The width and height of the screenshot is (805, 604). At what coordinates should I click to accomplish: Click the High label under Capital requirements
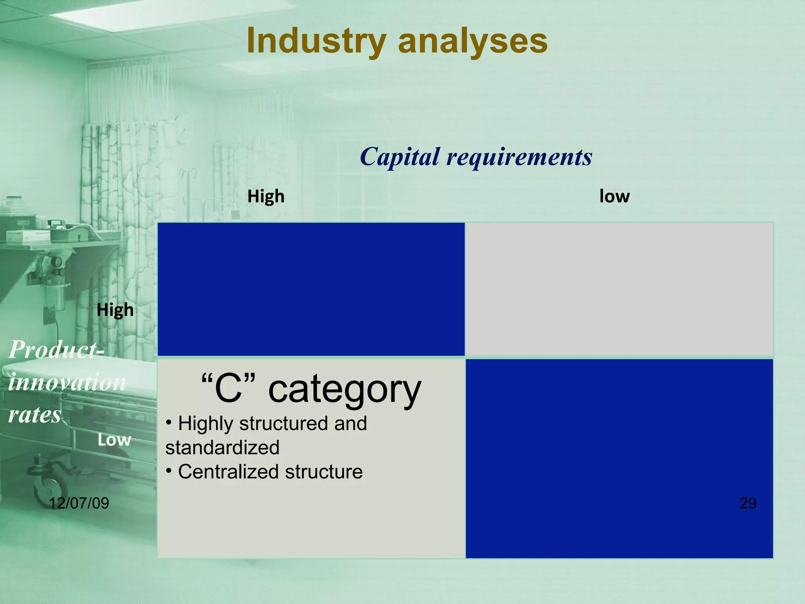(266, 196)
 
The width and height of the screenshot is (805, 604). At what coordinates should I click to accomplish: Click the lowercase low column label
(614, 196)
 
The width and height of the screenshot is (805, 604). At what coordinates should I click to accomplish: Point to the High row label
(115, 310)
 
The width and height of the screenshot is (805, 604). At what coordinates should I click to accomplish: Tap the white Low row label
(114, 440)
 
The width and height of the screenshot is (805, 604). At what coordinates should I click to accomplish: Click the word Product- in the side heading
(57, 349)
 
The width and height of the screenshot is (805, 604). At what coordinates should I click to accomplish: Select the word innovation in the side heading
(67, 382)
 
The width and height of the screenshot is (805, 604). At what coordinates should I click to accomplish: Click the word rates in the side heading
(35, 414)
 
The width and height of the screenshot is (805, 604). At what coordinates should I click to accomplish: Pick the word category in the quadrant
(344, 390)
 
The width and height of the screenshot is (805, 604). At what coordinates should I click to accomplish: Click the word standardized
(222, 448)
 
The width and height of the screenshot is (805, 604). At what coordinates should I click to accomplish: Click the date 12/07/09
(79, 503)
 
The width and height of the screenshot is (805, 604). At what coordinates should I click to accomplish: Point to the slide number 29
(748, 503)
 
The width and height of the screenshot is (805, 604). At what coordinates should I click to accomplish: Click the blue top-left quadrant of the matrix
(311, 289)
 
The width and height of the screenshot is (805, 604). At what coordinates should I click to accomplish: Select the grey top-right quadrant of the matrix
(619, 289)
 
